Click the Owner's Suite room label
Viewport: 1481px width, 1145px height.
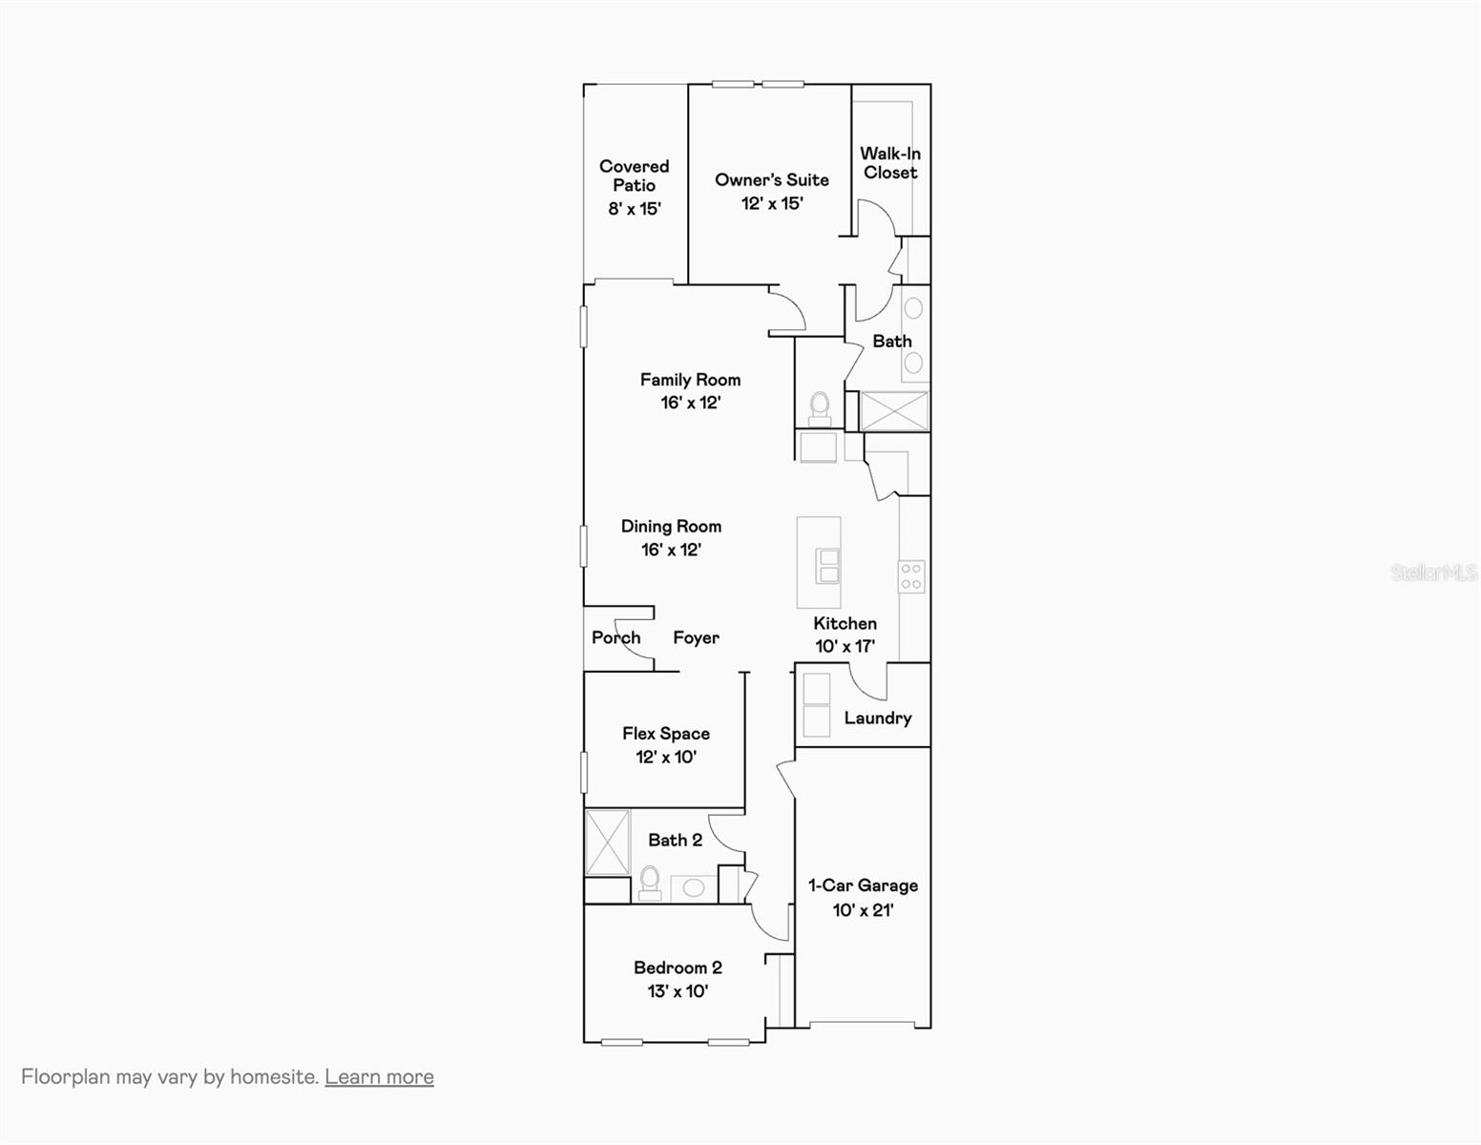coord(771,179)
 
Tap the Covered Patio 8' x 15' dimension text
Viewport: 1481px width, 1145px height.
coord(635,208)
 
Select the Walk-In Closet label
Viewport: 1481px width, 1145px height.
coord(890,163)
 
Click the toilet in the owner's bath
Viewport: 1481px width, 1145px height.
coord(820,408)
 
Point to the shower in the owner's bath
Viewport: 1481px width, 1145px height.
coord(894,411)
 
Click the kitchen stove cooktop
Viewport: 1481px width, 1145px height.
coord(911,576)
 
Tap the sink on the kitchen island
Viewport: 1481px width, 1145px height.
coord(827,566)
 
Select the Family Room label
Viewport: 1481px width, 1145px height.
coord(690,380)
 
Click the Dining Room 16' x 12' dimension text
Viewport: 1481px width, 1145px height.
coord(671,550)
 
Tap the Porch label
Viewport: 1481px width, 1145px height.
coord(615,637)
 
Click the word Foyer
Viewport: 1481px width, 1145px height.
coord(696,637)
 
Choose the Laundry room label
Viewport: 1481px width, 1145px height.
coord(877,718)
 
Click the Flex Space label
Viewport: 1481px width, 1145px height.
coord(665,733)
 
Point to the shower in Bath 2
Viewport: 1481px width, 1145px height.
coord(607,842)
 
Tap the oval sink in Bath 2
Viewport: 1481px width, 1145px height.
coord(694,888)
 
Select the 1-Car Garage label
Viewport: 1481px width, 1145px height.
coord(863,885)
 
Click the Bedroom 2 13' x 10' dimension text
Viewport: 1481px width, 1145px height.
coord(678,991)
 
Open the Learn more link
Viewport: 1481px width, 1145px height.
coord(379,1076)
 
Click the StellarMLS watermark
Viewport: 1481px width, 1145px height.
coord(1433,572)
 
